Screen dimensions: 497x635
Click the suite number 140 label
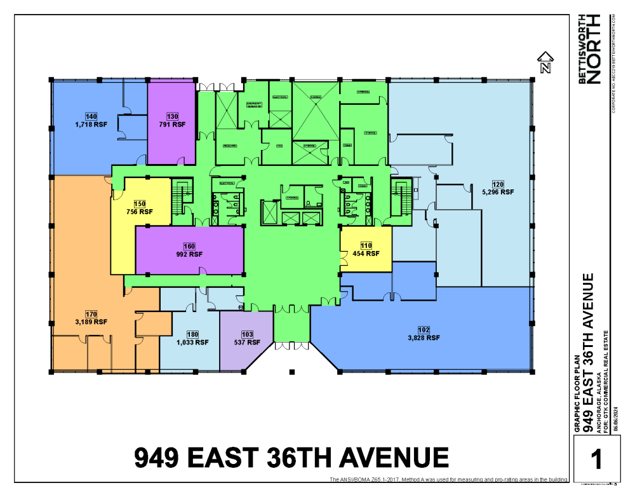[x=91, y=116]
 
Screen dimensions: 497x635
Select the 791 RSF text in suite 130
[x=172, y=125]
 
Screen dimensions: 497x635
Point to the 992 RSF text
[x=189, y=254]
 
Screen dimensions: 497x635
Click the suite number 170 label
[x=90, y=313]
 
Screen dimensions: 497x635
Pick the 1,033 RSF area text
[x=192, y=342]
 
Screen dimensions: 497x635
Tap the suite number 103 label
[x=247, y=334]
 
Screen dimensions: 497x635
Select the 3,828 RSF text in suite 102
[x=424, y=338]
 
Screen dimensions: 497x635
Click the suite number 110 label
[x=366, y=245]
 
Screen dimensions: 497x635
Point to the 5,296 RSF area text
[x=498, y=191]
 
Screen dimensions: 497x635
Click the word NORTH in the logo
[x=594, y=58]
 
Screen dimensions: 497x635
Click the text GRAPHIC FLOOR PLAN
[x=577, y=394]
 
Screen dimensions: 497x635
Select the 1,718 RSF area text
[x=91, y=125]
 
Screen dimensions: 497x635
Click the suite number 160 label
[x=189, y=246]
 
